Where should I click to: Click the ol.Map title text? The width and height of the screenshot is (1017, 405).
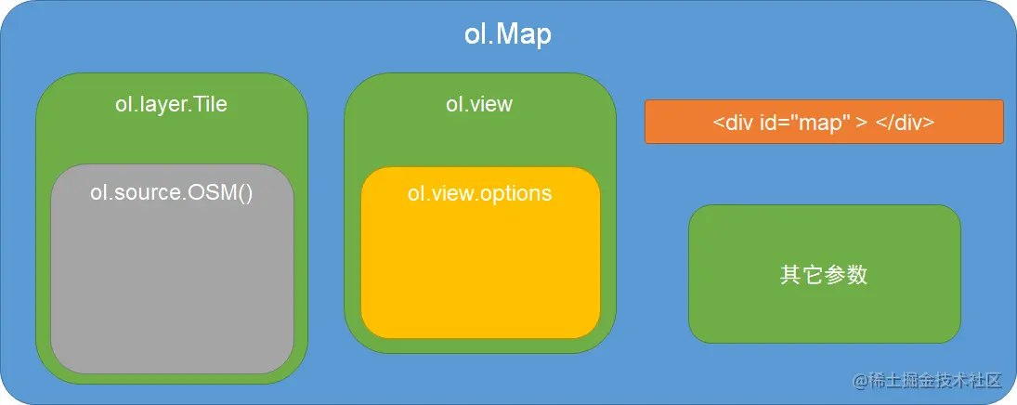tap(507, 34)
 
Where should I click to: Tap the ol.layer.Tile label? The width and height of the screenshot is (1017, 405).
tap(171, 104)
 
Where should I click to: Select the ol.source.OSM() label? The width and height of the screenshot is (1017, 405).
tap(171, 194)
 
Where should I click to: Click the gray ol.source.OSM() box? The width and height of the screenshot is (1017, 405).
tap(172, 279)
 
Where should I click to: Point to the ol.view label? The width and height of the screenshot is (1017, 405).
tap(479, 103)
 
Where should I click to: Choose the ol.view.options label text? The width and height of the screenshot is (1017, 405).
tap(479, 193)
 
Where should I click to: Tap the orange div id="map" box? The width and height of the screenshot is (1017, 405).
tap(824, 122)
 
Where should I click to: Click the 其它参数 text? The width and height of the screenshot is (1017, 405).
tap(824, 275)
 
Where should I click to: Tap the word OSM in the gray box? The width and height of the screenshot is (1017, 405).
tap(219, 194)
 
